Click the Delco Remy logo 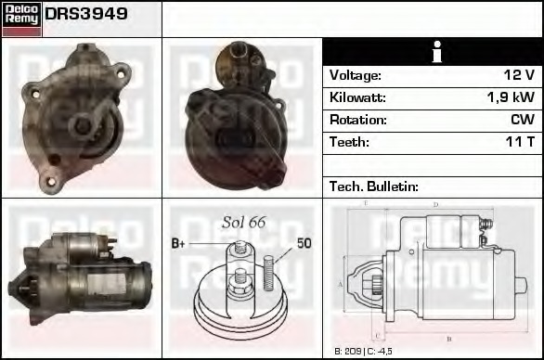point(21,19)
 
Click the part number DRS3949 point(86,15)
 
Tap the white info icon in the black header point(433,52)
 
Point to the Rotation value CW point(522,120)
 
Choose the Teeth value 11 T point(518,142)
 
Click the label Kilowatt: point(357,97)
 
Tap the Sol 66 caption point(244,222)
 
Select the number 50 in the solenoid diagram point(304,243)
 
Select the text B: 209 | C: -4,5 point(365,352)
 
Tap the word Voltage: point(355,75)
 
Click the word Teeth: point(349,142)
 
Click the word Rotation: point(356,120)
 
